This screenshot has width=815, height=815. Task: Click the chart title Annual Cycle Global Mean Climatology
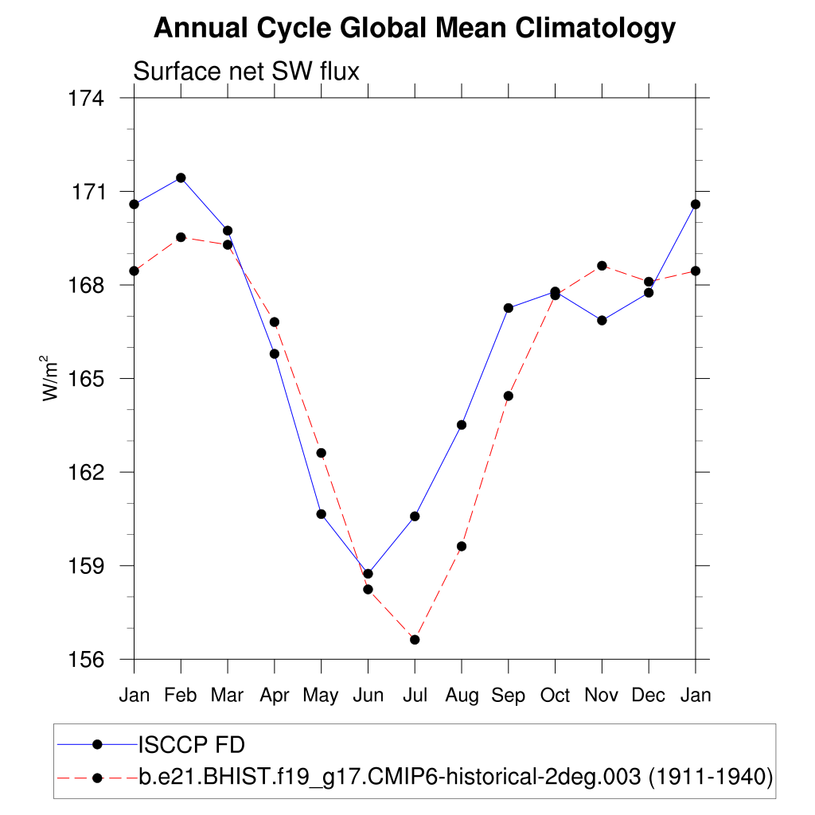(x=414, y=29)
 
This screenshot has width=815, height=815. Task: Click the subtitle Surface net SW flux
(x=246, y=72)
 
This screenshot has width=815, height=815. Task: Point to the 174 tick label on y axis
(x=88, y=99)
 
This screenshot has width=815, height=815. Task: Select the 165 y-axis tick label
(x=88, y=379)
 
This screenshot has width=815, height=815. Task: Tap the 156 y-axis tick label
(x=88, y=660)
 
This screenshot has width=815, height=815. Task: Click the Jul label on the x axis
(x=415, y=695)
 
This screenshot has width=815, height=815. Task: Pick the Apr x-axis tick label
(x=275, y=695)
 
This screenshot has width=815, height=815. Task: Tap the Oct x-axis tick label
(x=555, y=695)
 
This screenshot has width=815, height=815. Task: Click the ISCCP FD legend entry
(x=192, y=745)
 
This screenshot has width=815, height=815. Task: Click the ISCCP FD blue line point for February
(x=181, y=177)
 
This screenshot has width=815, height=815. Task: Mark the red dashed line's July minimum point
(x=415, y=640)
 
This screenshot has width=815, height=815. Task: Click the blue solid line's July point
(x=415, y=517)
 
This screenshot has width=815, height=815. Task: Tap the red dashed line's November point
(x=602, y=266)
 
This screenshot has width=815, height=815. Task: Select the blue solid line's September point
(x=508, y=308)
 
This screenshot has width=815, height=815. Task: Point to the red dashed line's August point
(x=461, y=546)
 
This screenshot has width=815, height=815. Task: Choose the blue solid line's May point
(x=321, y=514)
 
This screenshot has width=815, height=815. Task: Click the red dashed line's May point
(x=321, y=453)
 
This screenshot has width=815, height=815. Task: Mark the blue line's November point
(x=602, y=320)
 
